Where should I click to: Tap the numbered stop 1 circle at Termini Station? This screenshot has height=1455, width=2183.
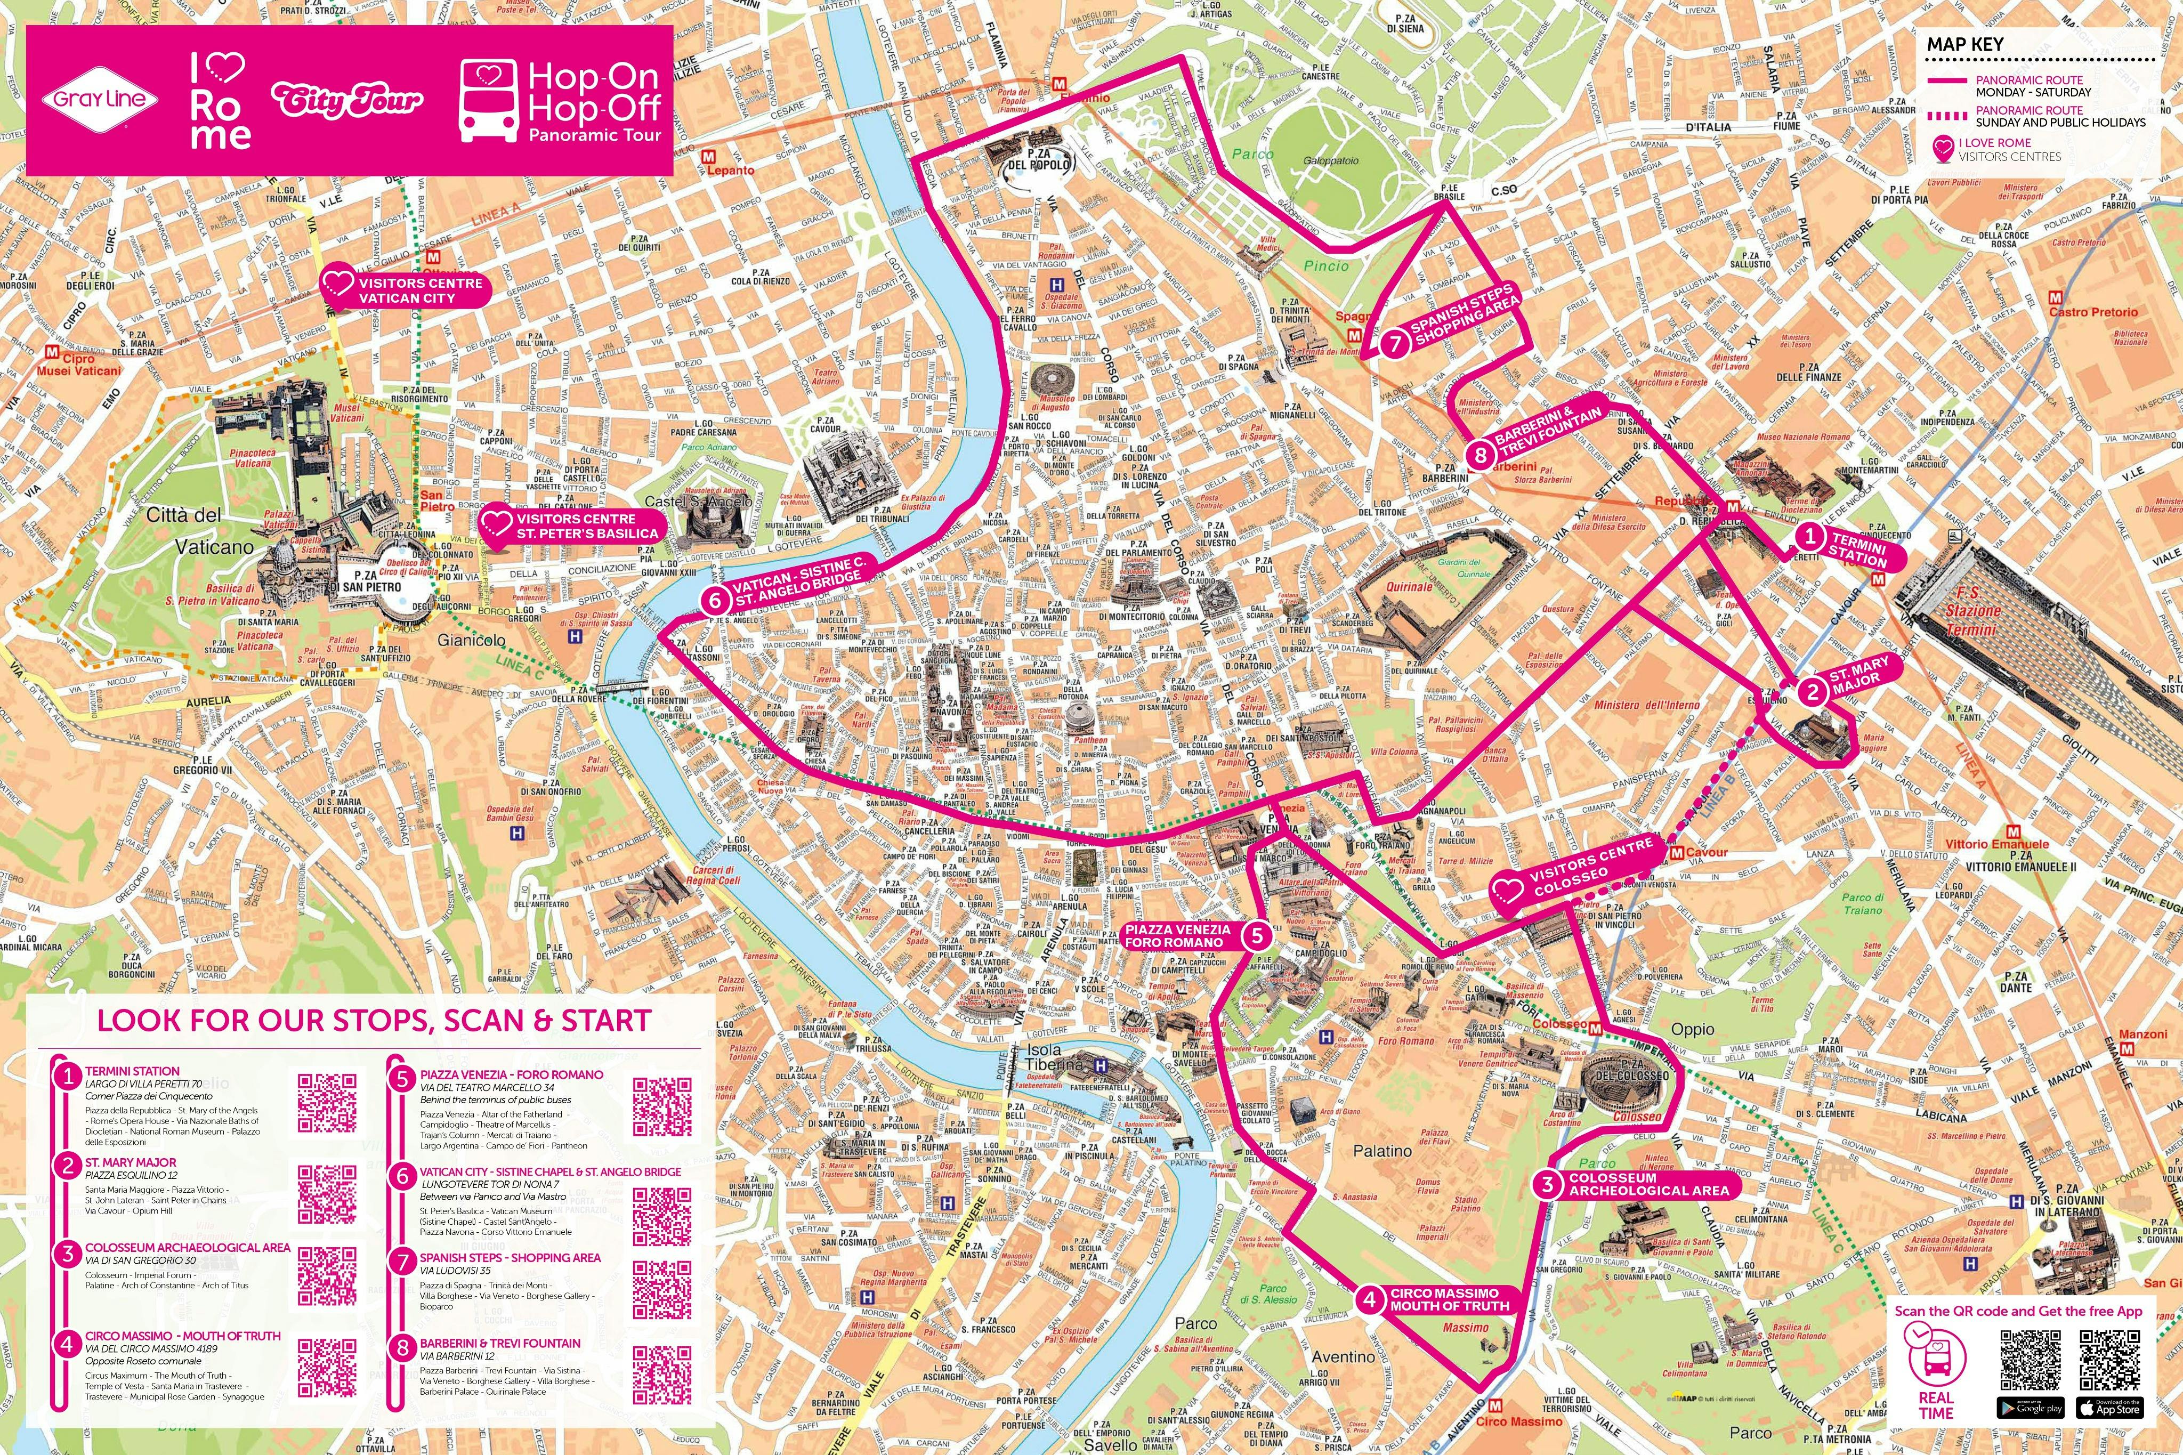(x=1808, y=536)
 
